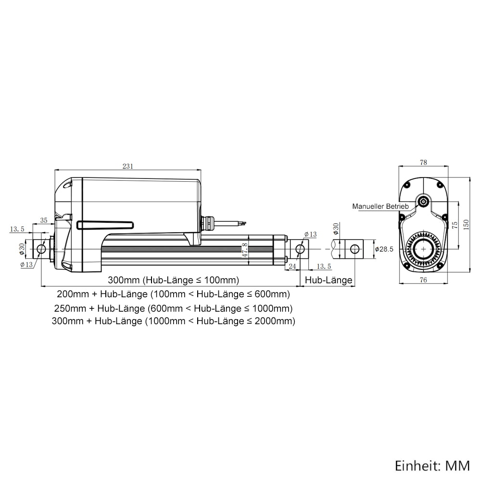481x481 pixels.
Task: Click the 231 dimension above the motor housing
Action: (128, 166)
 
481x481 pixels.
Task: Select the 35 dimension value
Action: (44, 220)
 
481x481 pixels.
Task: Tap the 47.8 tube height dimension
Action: (245, 250)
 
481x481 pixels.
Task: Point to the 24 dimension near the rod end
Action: (292, 266)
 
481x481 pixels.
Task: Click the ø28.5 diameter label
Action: (384, 249)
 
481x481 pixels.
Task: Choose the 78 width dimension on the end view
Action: (423, 162)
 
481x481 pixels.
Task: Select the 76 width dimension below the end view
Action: (423, 280)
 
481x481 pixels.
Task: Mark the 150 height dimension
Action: (466, 225)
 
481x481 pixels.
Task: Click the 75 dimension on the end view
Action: (455, 225)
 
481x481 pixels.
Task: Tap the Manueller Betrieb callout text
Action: (380, 206)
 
